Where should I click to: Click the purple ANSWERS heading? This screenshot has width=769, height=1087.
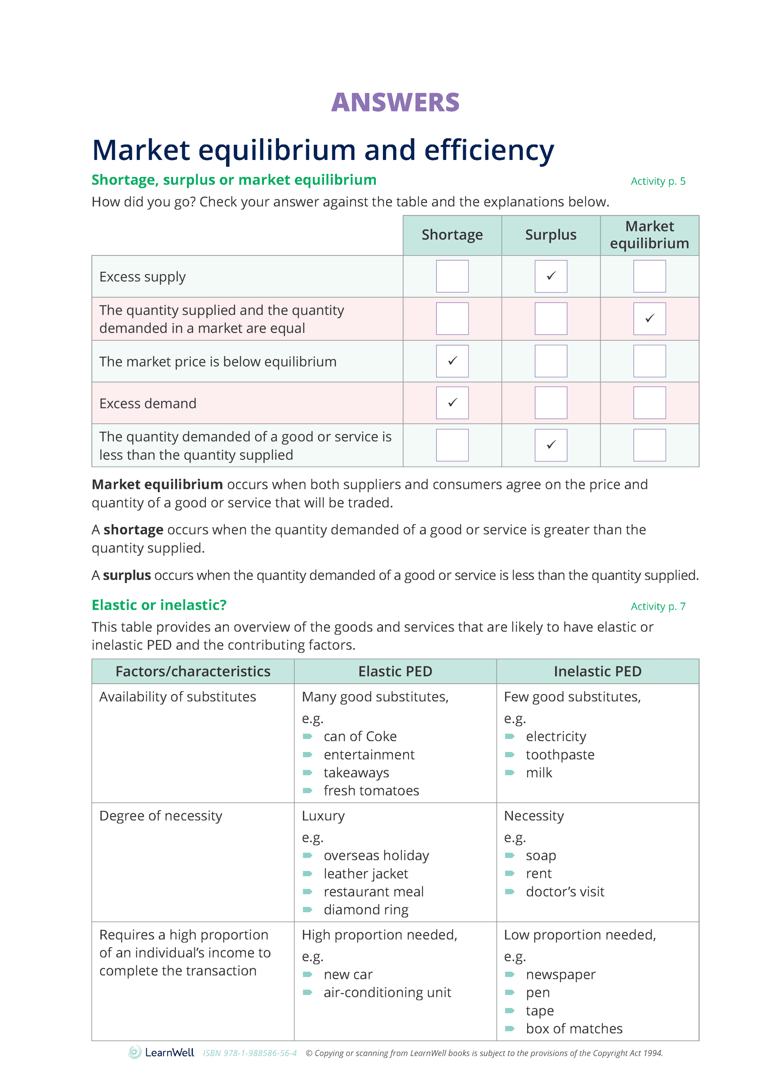click(x=395, y=102)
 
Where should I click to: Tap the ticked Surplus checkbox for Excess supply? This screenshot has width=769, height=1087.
click(x=551, y=276)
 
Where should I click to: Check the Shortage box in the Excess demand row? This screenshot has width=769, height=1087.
click(x=452, y=403)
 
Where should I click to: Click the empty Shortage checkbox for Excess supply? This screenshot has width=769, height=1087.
click(x=452, y=276)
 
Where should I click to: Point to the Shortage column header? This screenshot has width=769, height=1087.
click(x=452, y=235)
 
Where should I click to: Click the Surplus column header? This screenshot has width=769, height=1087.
click(x=551, y=235)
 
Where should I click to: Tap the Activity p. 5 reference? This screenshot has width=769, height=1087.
click(x=658, y=181)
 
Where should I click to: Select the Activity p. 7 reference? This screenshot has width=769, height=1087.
click(x=658, y=606)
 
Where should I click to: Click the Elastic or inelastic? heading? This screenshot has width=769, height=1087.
click(x=159, y=605)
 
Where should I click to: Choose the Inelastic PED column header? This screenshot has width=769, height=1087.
click(x=597, y=671)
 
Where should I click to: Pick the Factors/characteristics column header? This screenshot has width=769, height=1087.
click(x=193, y=671)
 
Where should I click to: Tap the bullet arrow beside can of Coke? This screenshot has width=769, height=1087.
click(x=308, y=737)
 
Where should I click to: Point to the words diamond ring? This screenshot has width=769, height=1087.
click(x=366, y=910)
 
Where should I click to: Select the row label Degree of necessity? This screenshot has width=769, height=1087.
click(x=160, y=816)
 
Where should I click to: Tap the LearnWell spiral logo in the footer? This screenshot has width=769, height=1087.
click(x=135, y=1053)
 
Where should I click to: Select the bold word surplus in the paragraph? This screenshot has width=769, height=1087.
click(x=127, y=575)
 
